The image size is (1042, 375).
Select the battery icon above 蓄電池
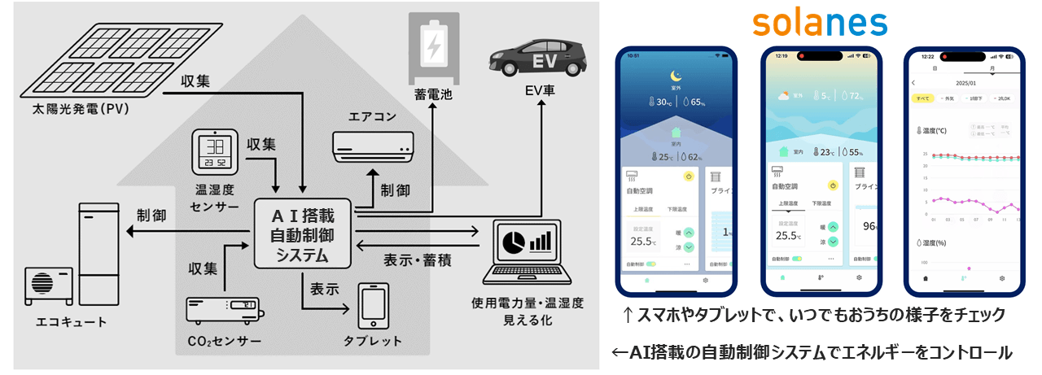(x=431, y=45)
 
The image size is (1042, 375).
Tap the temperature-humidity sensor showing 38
(x=215, y=154)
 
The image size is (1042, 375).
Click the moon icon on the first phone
(x=676, y=76)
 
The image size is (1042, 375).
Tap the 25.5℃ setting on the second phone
(x=788, y=236)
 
